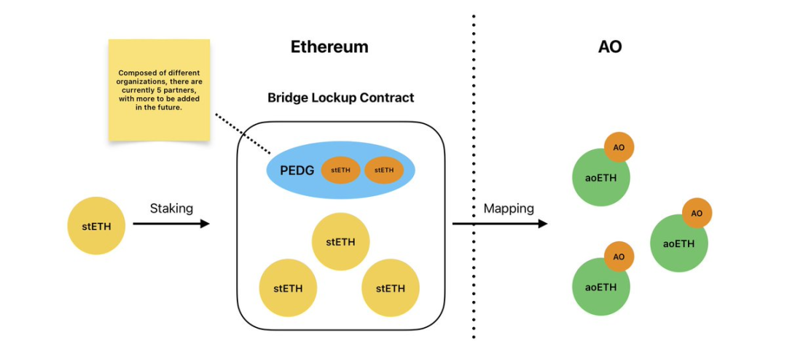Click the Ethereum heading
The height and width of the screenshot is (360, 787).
pos(329,47)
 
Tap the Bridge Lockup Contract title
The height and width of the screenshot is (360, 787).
pos(340,97)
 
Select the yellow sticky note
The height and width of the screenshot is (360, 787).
pos(159,90)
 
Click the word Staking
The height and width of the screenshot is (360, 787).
pos(171,208)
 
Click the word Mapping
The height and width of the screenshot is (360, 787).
pos(509,208)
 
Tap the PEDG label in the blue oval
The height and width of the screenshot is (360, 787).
pos(297,171)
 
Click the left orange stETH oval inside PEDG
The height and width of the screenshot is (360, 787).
pos(340,171)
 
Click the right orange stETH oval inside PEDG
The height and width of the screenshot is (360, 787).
pos(383,171)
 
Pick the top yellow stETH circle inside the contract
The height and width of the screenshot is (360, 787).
pos(340,242)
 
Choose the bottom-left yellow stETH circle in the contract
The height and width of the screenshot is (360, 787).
pos(288,288)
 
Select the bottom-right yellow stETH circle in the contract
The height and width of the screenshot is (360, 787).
pos(390,288)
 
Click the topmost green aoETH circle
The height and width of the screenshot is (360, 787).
pos(600,178)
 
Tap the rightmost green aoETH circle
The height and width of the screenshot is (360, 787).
pos(678,243)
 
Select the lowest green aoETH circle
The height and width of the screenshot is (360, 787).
pos(600,287)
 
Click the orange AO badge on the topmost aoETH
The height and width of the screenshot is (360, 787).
pos(619,148)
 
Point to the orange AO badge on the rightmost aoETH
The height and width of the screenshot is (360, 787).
pos(697,213)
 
